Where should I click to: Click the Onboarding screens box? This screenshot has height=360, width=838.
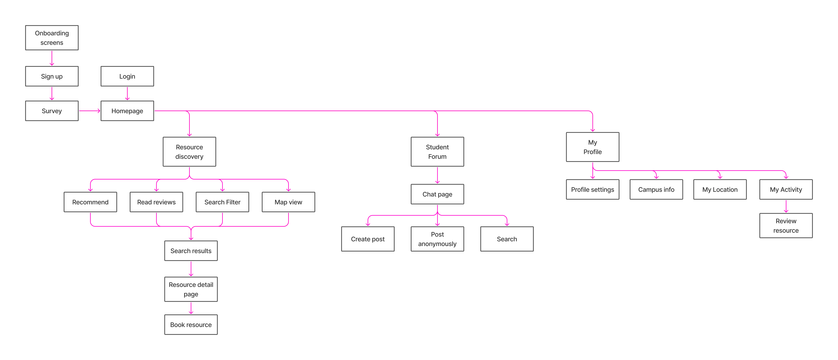tap(52, 38)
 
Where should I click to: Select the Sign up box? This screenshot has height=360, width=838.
tap(52, 76)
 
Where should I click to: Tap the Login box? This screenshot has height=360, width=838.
tap(127, 76)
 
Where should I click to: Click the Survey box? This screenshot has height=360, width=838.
tap(52, 111)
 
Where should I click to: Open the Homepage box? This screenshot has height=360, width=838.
tap(127, 111)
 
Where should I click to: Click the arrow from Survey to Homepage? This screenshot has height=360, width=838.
tap(89, 111)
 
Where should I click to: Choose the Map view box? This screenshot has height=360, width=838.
tap(288, 202)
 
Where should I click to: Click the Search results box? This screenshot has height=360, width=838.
tap(191, 251)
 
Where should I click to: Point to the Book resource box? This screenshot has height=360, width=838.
tap(191, 325)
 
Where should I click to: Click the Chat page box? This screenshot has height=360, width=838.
tap(437, 194)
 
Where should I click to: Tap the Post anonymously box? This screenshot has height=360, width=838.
tap(437, 239)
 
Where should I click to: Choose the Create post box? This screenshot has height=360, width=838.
tap(368, 239)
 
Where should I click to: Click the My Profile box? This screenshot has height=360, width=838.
tap(592, 147)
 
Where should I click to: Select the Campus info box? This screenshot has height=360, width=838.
tap(656, 190)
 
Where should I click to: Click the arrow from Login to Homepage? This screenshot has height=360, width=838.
tap(127, 94)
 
